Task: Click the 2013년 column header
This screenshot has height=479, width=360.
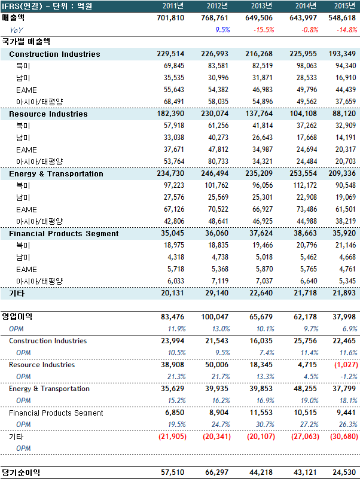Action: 260,6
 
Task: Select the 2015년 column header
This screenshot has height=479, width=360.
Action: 344,6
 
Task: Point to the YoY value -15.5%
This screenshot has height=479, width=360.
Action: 261,30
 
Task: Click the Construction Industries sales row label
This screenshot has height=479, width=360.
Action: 54,54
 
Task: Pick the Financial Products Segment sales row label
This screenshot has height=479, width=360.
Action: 63,233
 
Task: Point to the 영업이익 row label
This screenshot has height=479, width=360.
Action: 17,316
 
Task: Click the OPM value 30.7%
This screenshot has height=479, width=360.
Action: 261,425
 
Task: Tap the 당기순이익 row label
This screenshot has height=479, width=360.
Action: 21,472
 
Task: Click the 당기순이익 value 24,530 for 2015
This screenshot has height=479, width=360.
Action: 344,472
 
